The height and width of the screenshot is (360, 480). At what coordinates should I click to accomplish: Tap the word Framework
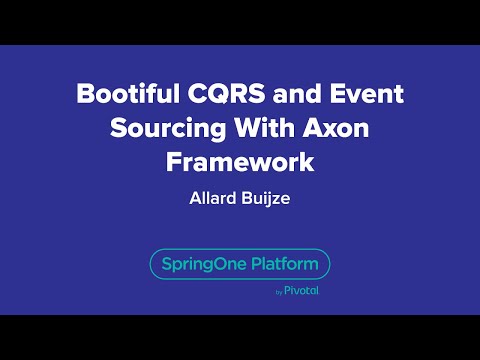[240, 161]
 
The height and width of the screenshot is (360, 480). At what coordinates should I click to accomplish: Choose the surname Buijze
[267, 197]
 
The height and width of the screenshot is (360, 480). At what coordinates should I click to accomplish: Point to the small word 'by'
[277, 293]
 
